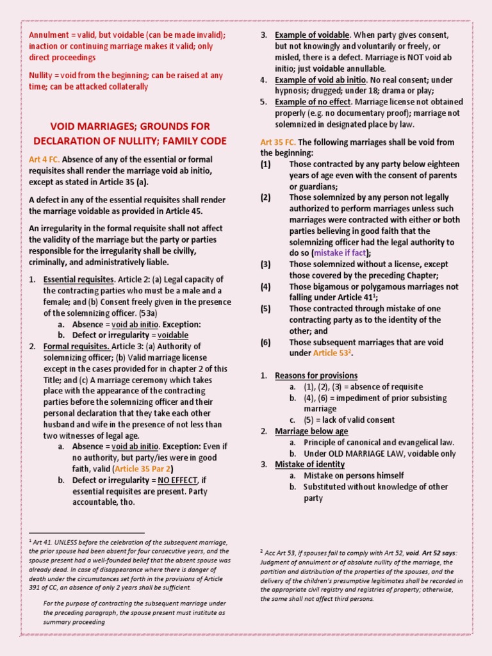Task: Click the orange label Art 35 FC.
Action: point(277,142)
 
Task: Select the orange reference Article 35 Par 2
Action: point(145,468)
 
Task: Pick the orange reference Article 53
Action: point(332,353)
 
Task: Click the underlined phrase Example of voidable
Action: point(312,35)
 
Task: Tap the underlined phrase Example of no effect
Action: point(313,102)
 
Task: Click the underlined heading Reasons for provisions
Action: point(316,375)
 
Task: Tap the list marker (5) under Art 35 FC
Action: point(266,308)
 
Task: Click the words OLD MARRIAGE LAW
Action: point(367,454)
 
